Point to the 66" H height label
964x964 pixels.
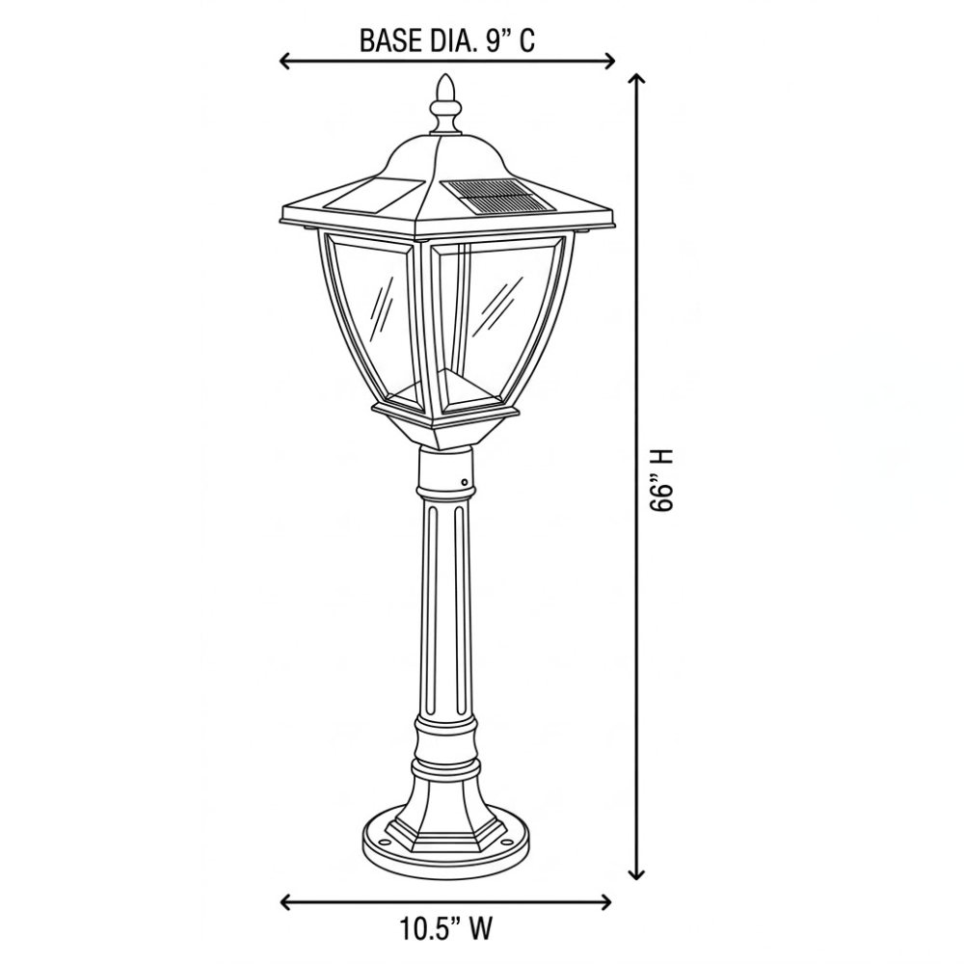coord(663,479)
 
